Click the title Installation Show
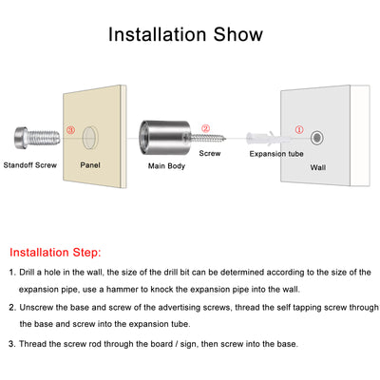(x=185, y=35)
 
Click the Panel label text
(x=92, y=165)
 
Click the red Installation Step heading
(x=62, y=254)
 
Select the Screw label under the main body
(x=211, y=151)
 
